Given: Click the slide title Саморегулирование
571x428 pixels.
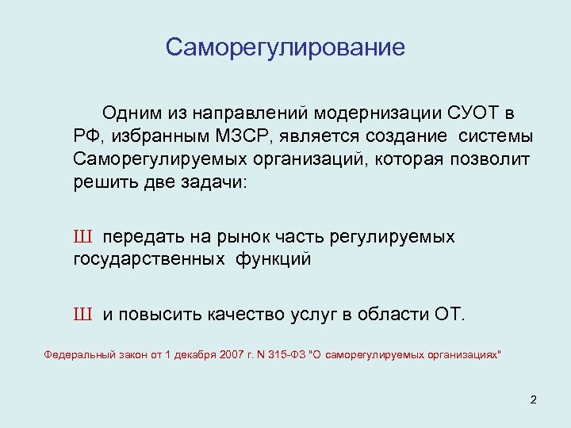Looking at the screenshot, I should pos(285,48).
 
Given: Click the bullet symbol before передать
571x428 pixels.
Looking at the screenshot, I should pos(83,237).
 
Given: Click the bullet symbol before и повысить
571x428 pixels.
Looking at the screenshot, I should pos(83,315).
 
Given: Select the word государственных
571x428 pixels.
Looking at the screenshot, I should pos(147,259).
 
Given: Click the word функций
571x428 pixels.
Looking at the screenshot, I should pos(273,259).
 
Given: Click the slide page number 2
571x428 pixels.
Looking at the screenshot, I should pos(533,399).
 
